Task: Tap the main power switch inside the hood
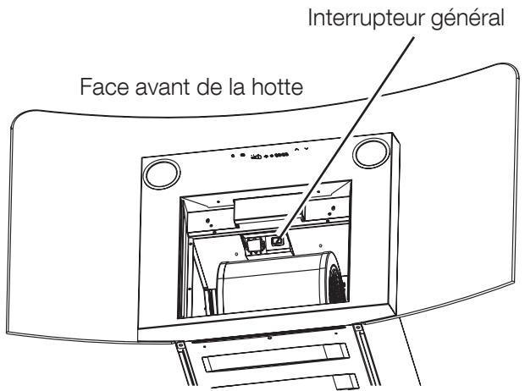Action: click(279, 240)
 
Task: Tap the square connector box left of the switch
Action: click(253, 245)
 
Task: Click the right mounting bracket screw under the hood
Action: click(356, 327)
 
